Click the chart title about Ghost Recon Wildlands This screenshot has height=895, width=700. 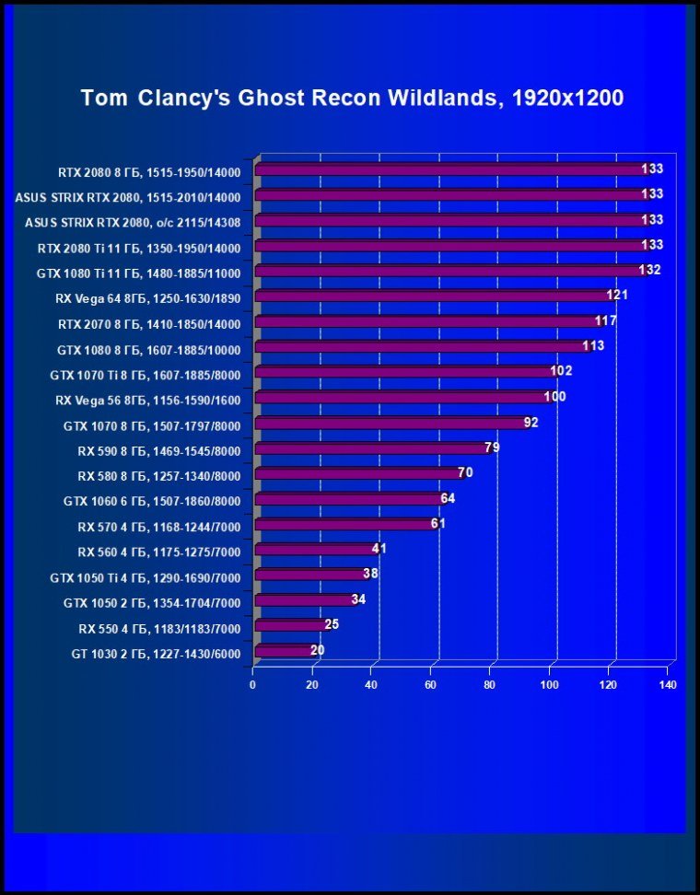coord(352,98)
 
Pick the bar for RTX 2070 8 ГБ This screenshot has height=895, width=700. coord(426,322)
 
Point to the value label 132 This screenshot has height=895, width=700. coord(650,270)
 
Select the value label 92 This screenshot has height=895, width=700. coord(531,423)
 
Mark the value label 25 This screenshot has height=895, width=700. coord(332,624)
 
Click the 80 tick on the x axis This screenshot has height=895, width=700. coord(490,686)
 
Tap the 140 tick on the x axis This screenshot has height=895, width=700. coord(668,686)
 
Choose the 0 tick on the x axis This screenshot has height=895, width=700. coord(253,686)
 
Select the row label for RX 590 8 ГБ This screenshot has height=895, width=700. coord(159,451)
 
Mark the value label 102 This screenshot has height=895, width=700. coord(562,371)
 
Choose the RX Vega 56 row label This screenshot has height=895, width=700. coord(147,401)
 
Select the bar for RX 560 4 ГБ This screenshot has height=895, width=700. coord(313,550)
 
